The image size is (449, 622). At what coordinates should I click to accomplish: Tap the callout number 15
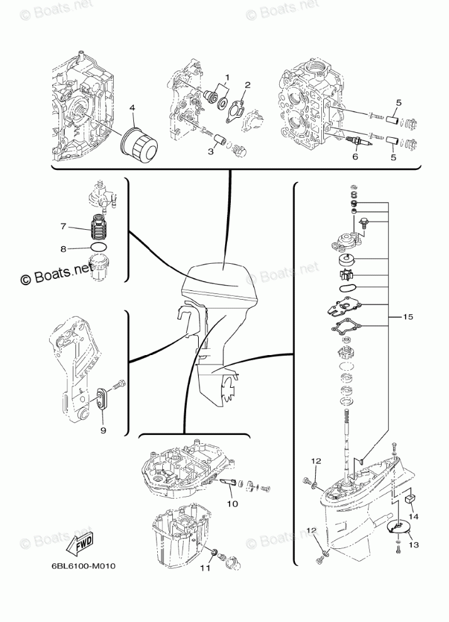coord(408,317)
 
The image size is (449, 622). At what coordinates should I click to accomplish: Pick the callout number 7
coord(63,225)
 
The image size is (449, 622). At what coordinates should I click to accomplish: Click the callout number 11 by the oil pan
coord(203,568)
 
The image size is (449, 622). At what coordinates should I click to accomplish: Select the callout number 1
coord(227,78)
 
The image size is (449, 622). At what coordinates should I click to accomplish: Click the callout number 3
coord(211,152)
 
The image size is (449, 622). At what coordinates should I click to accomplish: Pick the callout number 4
coord(132,108)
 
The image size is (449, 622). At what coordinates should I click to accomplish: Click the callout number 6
coord(355,157)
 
